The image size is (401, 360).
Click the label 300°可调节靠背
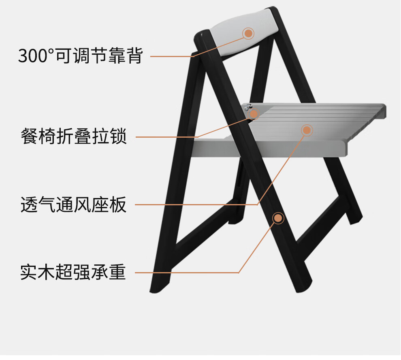tap(80, 56)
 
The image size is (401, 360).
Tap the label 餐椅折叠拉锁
tap(74, 136)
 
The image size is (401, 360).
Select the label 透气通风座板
tap(74, 205)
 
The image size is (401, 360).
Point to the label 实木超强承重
tap(73, 272)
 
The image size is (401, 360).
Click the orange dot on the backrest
tap(248, 33)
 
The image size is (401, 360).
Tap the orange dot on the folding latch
tap(254, 114)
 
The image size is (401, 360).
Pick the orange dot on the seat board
tap(307, 130)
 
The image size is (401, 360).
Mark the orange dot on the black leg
tap(278, 218)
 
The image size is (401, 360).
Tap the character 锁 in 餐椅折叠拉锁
tap(119, 136)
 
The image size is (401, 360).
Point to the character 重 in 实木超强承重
tap(118, 272)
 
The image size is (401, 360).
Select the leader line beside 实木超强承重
tap(186, 272)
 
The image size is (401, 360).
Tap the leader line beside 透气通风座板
tap(194, 204)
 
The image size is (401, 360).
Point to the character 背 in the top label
tap(135, 56)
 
